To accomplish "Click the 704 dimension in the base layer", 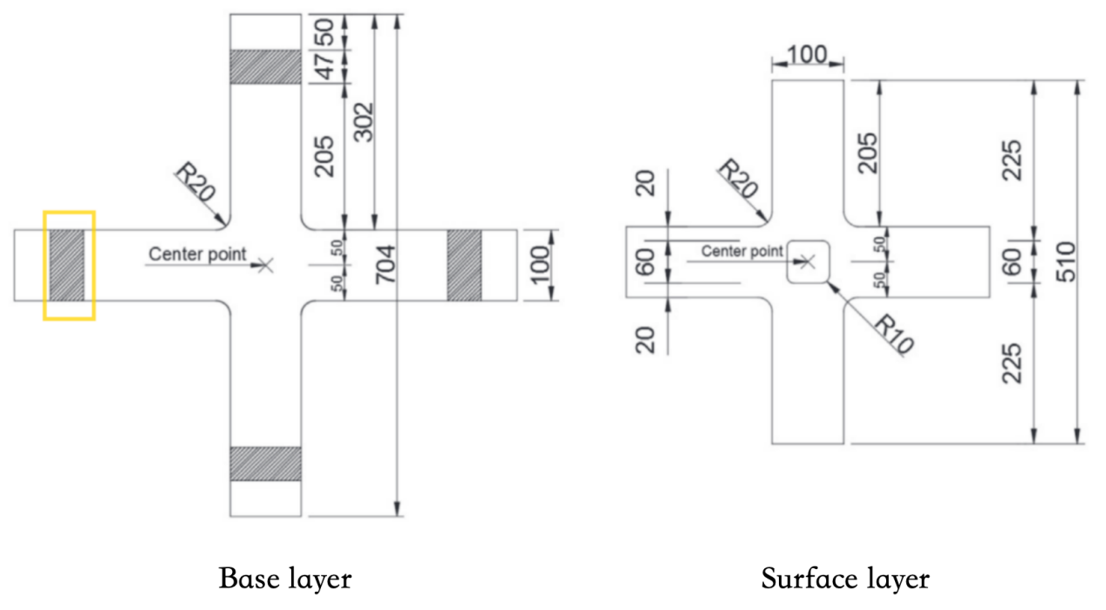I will tap(385, 265).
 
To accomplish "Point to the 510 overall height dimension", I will tap(1066, 261).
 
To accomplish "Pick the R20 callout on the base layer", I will tap(195, 183).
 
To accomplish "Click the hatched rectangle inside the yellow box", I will tap(66, 266).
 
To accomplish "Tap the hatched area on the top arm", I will tap(264, 66).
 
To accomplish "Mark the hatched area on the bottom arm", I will tap(264, 464).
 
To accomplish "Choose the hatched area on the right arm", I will tap(464, 266).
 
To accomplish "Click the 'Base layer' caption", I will tap(286, 579).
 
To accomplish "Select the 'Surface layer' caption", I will tap(845, 579).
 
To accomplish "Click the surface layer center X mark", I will tap(808, 260).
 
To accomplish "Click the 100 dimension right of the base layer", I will tap(541, 265).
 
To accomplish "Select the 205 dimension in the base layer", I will tap(324, 156).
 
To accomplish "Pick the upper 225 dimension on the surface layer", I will tap(1012, 158).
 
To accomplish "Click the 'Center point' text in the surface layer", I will tap(742, 251).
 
